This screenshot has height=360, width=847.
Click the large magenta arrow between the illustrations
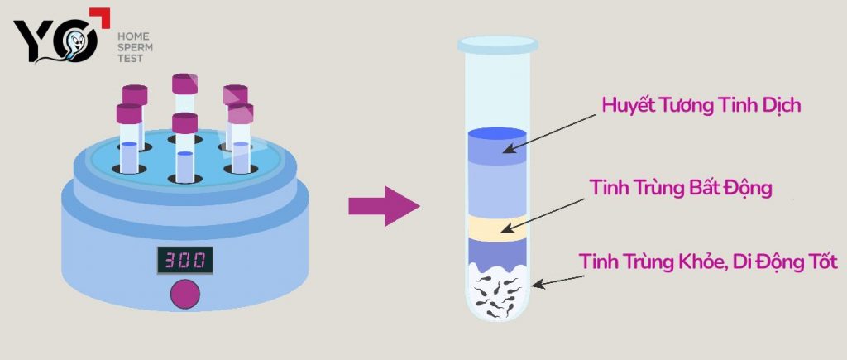pyautogui.click(x=384, y=206)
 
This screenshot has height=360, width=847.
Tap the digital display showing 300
pyautogui.click(x=184, y=261)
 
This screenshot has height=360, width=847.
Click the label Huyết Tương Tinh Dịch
pyautogui.click(x=701, y=105)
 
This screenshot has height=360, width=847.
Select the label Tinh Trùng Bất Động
pyautogui.click(x=681, y=188)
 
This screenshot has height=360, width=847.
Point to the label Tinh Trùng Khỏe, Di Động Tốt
pyautogui.click(x=708, y=262)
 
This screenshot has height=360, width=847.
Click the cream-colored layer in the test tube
pyautogui.click(x=497, y=228)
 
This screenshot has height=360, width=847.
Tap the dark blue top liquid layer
pyautogui.click(x=497, y=145)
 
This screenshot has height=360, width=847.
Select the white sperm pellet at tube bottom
pyautogui.click(x=497, y=292)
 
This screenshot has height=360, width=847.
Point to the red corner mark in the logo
pyautogui.click(x=101, y=17)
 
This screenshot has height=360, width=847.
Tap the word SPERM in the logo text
pyautogui.click(x=135, y=47)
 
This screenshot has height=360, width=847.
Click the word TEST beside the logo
pyautogui.click(x=130, y=58)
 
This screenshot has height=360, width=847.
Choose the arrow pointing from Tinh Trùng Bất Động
pyautogui.click(x=543, y=216)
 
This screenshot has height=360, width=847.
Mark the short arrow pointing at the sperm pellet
pyautogui.click(x=562, y=281)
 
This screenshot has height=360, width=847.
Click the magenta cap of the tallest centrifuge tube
pyautogui.click(x=184, y=84)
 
